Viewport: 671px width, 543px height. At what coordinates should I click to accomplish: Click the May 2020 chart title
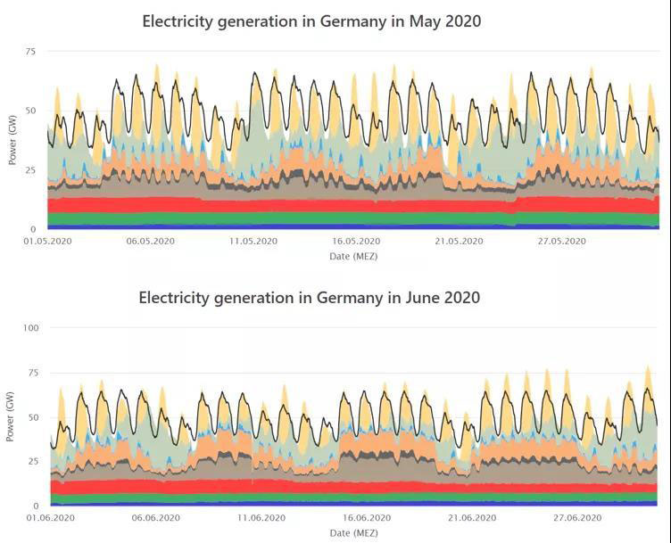tap(311, 21)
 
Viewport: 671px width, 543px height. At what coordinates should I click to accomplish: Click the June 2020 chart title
tap(309, 298)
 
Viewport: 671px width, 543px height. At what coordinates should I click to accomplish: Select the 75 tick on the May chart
tap(30, 52)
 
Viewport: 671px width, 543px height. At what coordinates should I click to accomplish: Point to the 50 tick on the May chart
tap(30, 111)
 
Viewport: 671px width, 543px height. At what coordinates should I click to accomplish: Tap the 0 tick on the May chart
tap(33, 229)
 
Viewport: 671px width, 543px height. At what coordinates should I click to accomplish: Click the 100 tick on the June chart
tap(31, 328)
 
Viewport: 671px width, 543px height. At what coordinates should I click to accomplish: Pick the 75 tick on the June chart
tap(33, 373)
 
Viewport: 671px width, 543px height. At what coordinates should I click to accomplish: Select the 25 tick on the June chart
tap(33, 461)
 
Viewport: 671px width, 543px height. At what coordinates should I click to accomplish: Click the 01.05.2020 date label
tap(47, 242)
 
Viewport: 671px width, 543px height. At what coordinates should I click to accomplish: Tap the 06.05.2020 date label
tap(150, 242)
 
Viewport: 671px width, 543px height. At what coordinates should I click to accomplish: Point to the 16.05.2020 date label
tap(356, 242)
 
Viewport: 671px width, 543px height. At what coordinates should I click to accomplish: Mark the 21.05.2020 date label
tap(459, 242)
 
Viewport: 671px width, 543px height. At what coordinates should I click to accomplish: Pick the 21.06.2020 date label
tap(472, 518)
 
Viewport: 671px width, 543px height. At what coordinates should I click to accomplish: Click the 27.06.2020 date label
tap(578, 518)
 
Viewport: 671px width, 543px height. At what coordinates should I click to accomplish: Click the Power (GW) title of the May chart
tap(12, 140)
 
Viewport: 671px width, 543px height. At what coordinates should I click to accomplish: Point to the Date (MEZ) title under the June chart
tap(353, 533)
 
